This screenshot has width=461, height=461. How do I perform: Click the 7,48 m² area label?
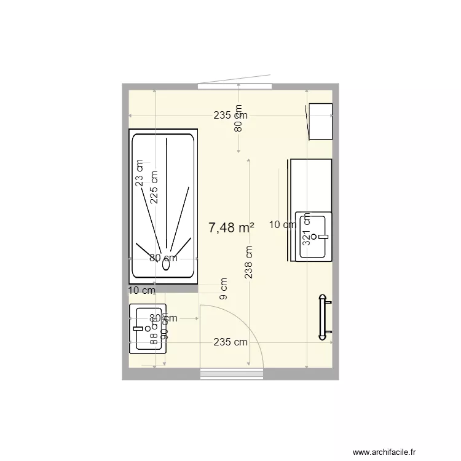tap(232, 228)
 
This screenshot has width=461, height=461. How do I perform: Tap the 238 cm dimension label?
tap(248, 262)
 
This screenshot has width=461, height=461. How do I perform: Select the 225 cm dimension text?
tap(154, 187)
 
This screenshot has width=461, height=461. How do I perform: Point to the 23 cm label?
tap(140, 173)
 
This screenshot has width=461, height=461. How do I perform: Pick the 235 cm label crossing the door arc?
tap(230, 342)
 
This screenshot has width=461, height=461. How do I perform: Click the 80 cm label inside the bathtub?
tap(164, 258)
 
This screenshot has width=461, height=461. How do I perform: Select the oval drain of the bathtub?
tap(166, 266)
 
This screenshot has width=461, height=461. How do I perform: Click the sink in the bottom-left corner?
tap(148, 329)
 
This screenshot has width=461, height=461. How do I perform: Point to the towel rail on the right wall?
tap(323, 317)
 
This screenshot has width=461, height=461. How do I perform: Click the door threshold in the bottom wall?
tap(232, 373)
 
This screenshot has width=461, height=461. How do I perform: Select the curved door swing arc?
tap(255, 326)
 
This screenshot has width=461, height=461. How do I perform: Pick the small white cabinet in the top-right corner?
tap(320, 122)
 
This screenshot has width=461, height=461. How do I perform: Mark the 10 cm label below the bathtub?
tap(141, 290)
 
